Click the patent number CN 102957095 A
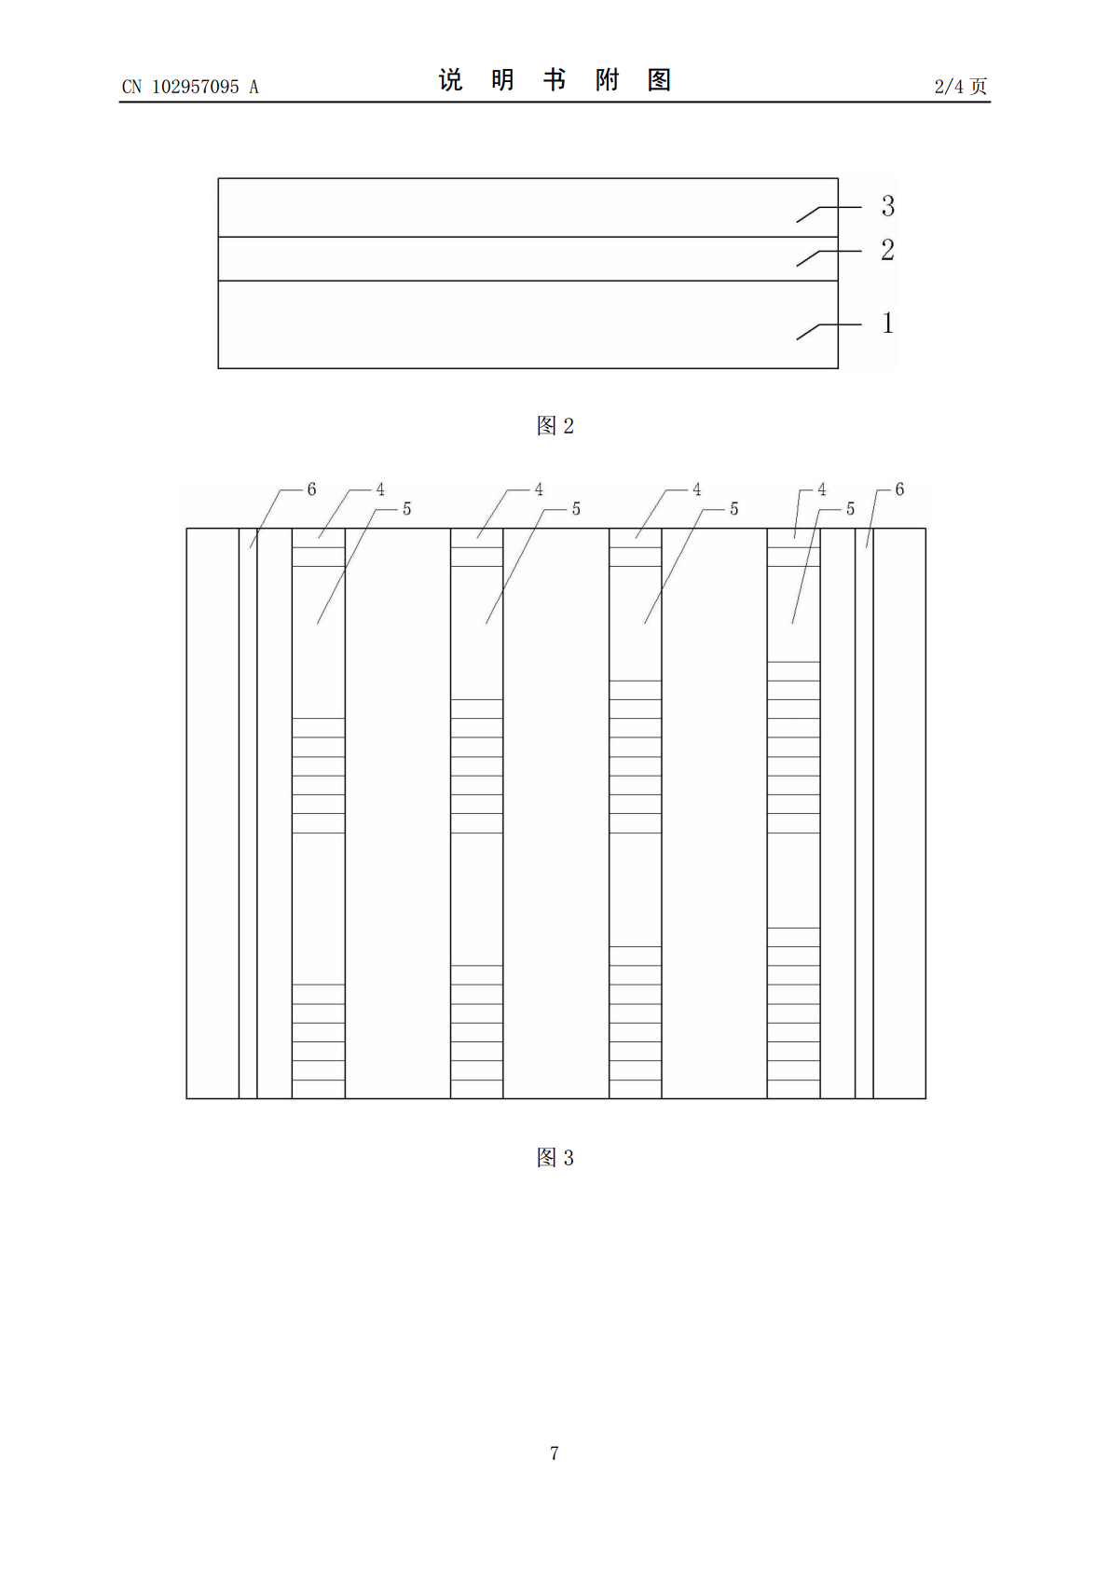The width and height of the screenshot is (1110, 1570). [190, 87]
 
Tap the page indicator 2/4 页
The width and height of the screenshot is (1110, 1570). [960, 86]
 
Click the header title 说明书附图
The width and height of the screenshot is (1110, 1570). [555, 80]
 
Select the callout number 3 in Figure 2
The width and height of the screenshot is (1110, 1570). [888, 205]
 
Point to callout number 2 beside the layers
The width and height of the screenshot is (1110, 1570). [888, 250]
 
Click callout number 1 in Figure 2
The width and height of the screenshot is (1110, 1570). [888, 324]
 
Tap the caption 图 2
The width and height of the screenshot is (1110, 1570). [555, 425]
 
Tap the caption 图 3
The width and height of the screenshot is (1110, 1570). [555, 1157]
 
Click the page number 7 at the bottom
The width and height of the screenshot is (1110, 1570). [555, 1453]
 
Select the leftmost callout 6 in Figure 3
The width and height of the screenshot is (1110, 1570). [312, 489]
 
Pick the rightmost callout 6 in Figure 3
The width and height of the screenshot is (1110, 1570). [899, 489]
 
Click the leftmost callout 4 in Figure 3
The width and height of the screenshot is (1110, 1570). [380, 489]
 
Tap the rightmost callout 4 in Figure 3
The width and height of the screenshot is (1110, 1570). [822, 489]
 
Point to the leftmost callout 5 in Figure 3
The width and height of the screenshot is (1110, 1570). [406, 509]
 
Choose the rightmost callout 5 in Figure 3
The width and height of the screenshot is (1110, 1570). [850, 509]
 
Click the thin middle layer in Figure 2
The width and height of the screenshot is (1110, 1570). [528, 258]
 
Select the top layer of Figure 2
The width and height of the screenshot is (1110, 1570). [528, 208]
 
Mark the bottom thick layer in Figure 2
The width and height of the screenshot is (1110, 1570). [528, 324]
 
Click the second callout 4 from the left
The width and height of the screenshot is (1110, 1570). [539, 489]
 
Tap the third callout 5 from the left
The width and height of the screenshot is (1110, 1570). [733, 509]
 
